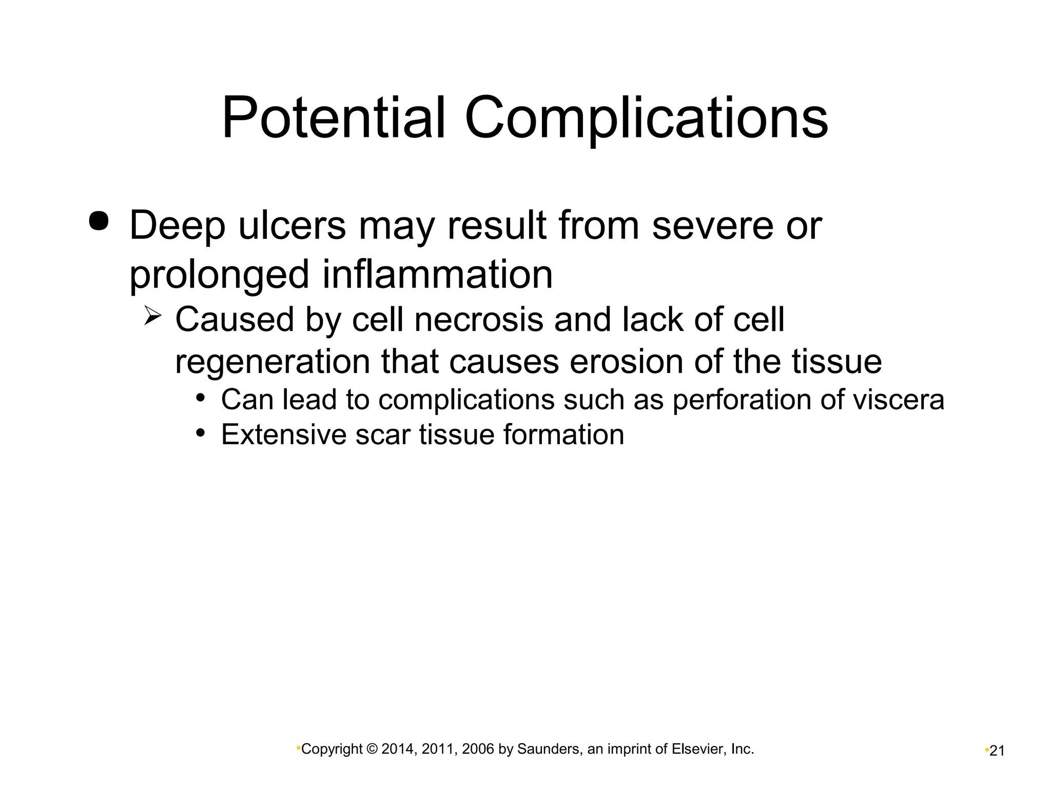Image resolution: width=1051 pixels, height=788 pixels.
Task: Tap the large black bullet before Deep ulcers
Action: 99,222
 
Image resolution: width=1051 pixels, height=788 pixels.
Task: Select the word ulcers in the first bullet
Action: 292,226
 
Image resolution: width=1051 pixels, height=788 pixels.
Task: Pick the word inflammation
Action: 438,274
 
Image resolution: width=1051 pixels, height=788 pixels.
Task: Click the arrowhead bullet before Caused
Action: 153,315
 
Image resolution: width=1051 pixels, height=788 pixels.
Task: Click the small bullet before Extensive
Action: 201,432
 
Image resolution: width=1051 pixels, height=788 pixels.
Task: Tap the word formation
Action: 563,435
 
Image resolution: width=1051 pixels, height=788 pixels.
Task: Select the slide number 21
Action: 997,751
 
